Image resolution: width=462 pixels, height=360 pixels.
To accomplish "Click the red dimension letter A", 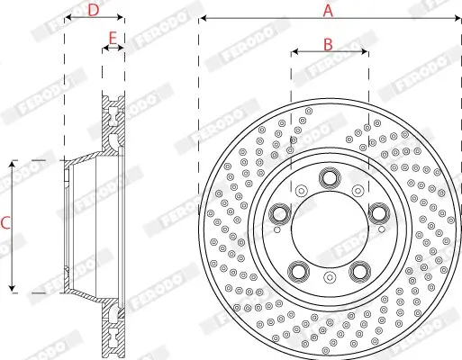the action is pos(328,11).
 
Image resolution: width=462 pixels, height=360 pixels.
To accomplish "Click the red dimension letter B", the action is pos(328,44).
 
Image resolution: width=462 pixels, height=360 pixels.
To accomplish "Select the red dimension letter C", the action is pos(5,223).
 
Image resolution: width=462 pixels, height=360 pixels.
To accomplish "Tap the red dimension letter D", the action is pos(94,10).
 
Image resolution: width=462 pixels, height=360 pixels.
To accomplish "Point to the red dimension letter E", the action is pos(113,39).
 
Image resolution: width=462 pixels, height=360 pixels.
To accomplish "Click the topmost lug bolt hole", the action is pos(330,178).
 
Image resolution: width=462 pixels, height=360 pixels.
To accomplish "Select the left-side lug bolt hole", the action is pos(279,214).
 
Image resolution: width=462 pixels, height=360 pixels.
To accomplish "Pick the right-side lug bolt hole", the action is pos(379,213).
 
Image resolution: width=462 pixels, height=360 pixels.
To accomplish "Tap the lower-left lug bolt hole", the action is pos(298,272).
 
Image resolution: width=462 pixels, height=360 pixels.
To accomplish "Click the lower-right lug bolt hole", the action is pos(359,272).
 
